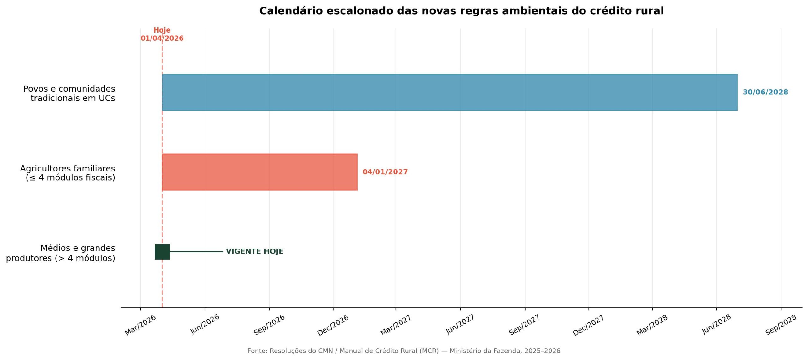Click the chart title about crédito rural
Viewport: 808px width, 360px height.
[461, 11]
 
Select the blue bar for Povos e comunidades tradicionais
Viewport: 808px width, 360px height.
[449, 92]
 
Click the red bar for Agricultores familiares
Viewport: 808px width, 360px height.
[259, 172]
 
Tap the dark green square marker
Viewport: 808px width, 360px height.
[162, 252]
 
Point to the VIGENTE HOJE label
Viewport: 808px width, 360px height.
[254, 251]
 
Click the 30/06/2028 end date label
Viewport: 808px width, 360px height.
[765, 92]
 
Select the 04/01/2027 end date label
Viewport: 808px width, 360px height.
[385, 172]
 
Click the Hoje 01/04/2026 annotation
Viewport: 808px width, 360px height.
[162, 34]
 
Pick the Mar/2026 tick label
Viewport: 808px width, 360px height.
[140, 325]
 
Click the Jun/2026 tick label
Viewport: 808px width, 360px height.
[205, 324]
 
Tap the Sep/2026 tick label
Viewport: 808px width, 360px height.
[269, 325]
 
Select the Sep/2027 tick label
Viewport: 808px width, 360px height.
[524, 325]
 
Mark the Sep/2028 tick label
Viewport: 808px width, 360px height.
[781, 325]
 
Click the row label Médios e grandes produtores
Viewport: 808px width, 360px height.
[61, 253]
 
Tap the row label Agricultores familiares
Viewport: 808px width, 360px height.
[68, 173]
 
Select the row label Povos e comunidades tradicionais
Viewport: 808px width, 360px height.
[69, 93]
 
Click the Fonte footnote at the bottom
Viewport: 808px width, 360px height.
[404, 351]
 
